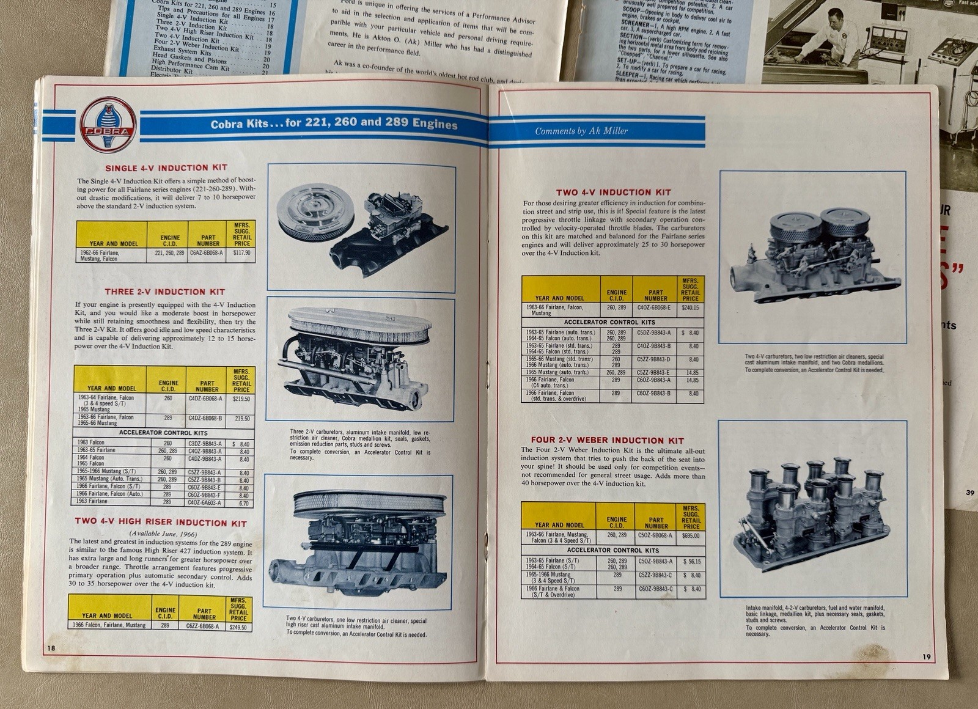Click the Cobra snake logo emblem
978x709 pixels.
pyautogui.click(x=108, y=125)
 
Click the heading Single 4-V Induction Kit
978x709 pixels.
pyautogui.click(x=166, y=167)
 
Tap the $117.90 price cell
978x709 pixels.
pyautogui.click(x=242, y=252)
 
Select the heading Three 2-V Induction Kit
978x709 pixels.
pyautogui.click(x=164, y=292)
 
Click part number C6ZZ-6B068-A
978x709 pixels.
pyautogui.click(x=204, y=626)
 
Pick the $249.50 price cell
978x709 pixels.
pyautogui.click(x=238, y=627)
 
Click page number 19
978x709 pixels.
pyautogui.click(x=927, y=657)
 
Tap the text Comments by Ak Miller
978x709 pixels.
pyautogui.click(x=581, y=131)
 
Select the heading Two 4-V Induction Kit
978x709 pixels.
pyautogui.click(x=613, y=192)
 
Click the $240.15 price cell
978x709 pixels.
pyautogui.click(x=690, y=308)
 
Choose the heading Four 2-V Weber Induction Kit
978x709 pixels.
pyautogui.click(x=607, y=440)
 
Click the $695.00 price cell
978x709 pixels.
pyautogui.click(x=691, y=535)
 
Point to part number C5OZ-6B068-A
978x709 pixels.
pyautogui.click(x=655, y=535)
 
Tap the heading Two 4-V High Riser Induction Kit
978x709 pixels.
pyautogui.click(x=161, y=523)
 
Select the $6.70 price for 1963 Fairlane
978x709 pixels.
pyautogui.click(x=244, y=504)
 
